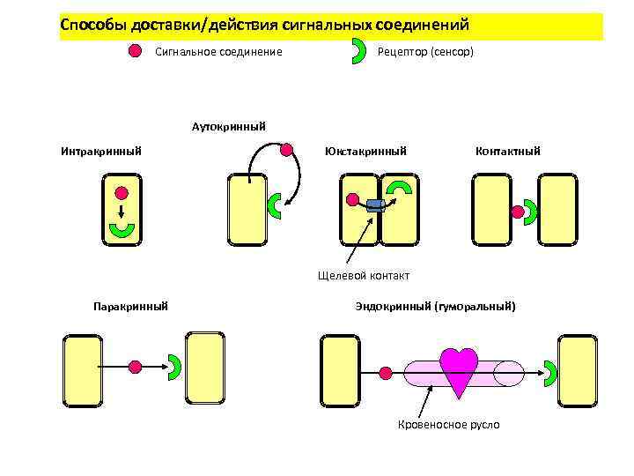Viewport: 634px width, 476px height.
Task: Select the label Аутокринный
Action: [x=229, y=126]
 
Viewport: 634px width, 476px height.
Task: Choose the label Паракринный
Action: [x=130, y=306]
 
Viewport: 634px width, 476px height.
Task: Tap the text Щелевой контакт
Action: [x=364, y=275]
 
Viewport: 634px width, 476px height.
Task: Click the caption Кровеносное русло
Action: [x=449, y=425]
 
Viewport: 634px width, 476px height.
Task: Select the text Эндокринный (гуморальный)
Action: [x=435, y=306]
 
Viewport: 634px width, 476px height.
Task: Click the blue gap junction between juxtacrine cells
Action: [x=375, y=205]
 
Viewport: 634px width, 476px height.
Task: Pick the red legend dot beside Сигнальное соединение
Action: [x=135, y=51]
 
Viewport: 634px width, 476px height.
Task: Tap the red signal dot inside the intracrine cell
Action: [x=121, y=192]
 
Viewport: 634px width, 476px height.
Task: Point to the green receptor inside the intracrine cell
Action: [x=121, y=231]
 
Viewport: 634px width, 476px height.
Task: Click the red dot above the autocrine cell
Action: [x=286, y=149]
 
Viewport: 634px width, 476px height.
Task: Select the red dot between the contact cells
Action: [x=516, y=211]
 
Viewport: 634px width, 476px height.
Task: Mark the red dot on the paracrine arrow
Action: [x=135, y=366]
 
